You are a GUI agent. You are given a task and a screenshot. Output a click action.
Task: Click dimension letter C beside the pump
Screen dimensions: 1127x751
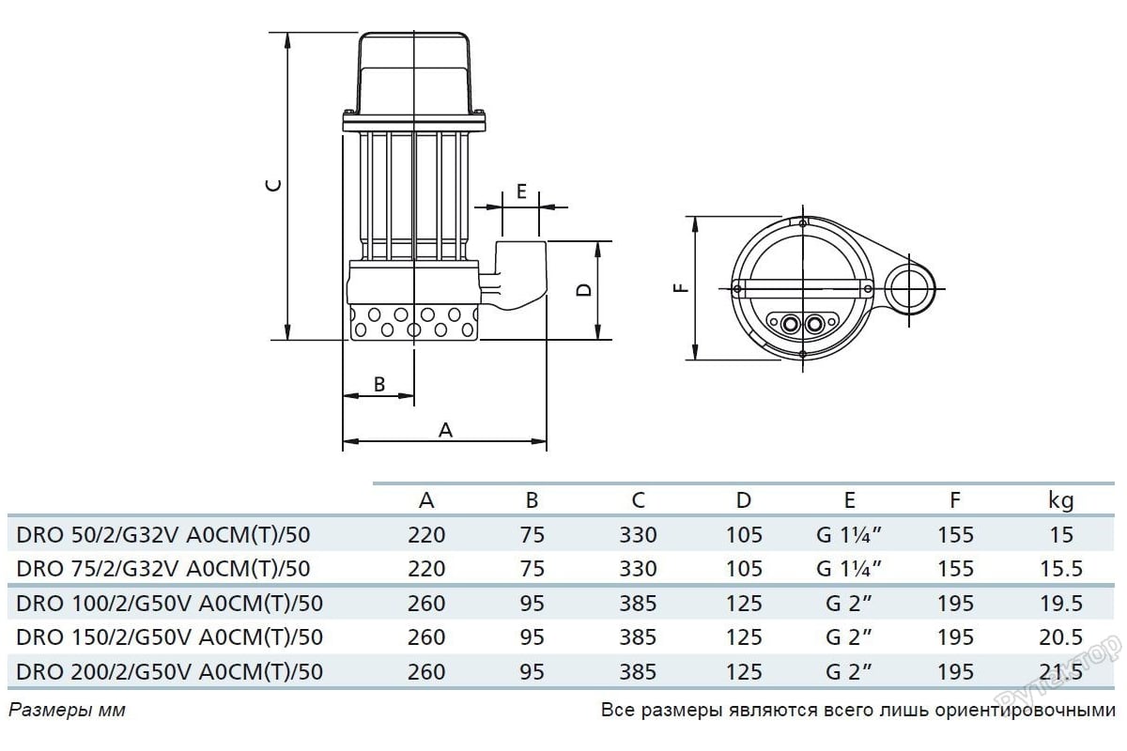pyautogui.click(x=274, y=185)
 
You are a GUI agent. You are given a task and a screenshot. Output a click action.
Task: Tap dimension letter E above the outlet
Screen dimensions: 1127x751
pyautogui.click(x=521, y=192)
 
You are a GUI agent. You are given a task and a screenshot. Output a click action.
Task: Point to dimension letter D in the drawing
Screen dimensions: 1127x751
pyautogui.click(x=583, y=290)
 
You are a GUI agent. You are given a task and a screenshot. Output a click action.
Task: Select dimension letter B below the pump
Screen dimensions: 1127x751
pyautogui.click(x=379, y=384)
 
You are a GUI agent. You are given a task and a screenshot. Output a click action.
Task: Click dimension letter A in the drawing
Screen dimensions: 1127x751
pyautogui.click(x=446, y=431)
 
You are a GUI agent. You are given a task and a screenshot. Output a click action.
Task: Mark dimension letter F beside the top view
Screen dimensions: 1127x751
pyautogui.click(x=680, y=288)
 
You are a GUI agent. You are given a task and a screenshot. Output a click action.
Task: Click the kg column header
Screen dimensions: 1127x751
pyautogui.click(x=1061, y=501)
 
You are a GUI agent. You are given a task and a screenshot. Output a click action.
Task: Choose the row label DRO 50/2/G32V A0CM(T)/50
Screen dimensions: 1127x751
pyautogui.click(x=163, y=535)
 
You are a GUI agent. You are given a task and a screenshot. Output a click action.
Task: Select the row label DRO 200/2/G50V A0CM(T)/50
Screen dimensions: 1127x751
pyautogui.click(x=170, y=672)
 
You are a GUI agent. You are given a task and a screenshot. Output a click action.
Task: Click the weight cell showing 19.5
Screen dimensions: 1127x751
pyautogui.click(x=1061, y=603)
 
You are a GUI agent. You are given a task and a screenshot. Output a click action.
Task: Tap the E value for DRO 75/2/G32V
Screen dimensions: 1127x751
pyautogui.click(x=849, y=568)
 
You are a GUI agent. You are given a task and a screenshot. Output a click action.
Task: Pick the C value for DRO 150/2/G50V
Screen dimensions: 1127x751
pyautogui.click(x=638, y=637)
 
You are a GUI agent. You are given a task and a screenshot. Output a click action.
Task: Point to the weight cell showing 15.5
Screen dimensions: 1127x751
pyautogui.click(x=1061, y=568)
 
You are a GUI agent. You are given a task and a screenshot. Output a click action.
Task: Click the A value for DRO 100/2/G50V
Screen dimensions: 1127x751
pyautogui.click(x=426, y=603)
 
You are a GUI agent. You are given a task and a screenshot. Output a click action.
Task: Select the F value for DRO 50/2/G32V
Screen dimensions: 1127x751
pyautogui.click(x=955, y=535)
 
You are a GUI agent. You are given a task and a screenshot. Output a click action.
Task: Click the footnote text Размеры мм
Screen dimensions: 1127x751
pyautogui.click(x=67, y=711)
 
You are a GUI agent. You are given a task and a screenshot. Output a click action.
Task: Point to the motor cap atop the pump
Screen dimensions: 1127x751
pyautogui.click(x=413, y=74)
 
